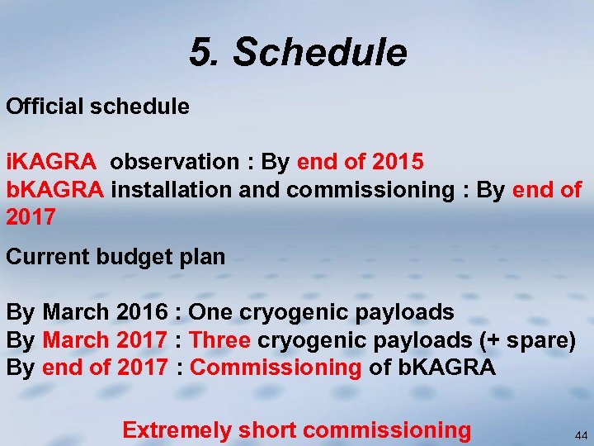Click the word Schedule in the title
319,53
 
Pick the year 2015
398,162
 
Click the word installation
172,190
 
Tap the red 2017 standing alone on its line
31,218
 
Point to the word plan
202,257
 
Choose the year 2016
142,312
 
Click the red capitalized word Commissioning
276,368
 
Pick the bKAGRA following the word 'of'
446,368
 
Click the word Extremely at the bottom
177,430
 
